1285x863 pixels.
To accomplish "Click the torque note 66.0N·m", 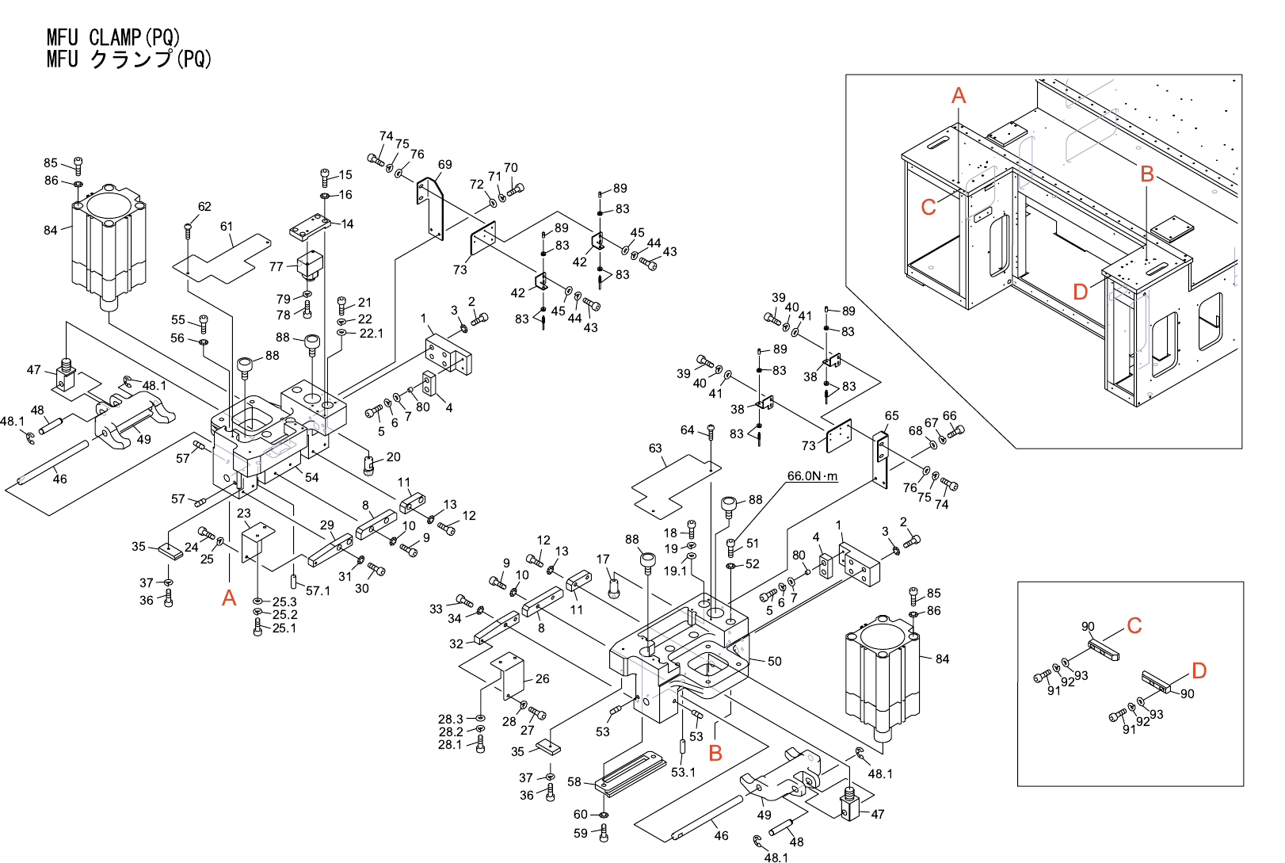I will pos(811,476).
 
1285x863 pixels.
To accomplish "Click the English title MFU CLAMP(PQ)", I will pos(113,37).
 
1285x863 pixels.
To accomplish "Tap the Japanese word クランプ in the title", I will pos(131,59).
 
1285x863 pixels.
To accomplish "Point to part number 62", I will pos(204,207).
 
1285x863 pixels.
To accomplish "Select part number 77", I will pos(276,267).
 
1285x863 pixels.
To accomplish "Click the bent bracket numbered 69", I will pos(430,208).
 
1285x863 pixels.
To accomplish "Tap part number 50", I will pos(774,661).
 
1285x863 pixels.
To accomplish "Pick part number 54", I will pos(312,477).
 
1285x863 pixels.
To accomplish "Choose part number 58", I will pos(574,782).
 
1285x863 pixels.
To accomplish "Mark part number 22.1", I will pos(371,334).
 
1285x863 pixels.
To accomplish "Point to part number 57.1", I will pos(318,590).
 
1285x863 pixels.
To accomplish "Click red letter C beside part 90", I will pos(1134,626).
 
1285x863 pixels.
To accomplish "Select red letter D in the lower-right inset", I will pos(1199,671).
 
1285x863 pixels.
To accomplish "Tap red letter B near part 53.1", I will pos(715,754).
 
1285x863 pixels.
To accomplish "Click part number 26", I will pos(542,679).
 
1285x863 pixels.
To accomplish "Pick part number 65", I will pos(891,416).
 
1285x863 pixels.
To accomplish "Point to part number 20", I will pos(393,457).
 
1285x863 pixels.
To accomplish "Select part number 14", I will pos(347,224).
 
